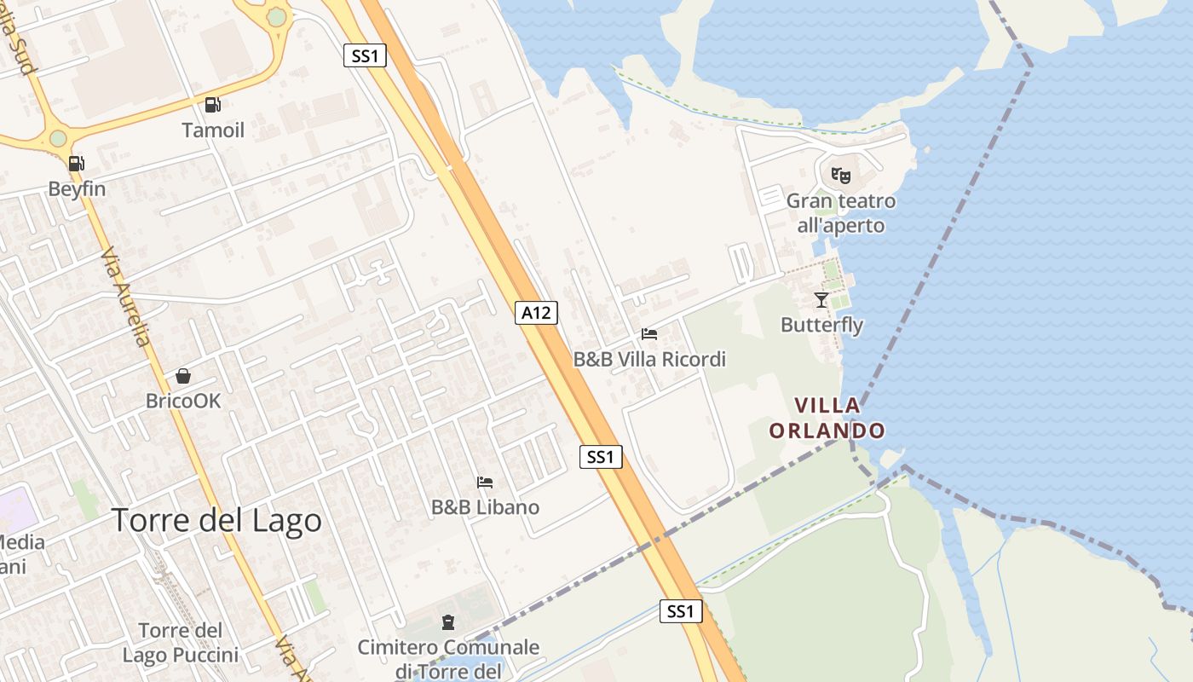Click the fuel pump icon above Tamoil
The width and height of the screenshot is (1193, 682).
point(212,105)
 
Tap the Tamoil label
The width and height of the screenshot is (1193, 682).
point(213,130)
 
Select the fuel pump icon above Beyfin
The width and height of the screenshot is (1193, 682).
point(76,164)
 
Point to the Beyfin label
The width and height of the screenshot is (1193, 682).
point(77,188)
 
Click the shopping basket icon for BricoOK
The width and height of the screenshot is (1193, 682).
point(182,375)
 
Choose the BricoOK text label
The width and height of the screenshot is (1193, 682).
point(183,400)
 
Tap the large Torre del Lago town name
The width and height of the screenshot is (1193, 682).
point(217,520)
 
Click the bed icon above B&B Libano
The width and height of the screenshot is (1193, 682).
point(485,483)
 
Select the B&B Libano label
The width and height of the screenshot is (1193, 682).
point(485,507)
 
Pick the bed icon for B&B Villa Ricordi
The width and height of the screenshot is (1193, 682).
point(649,334)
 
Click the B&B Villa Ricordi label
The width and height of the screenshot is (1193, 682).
point(649,359)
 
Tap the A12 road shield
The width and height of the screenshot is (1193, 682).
point(536,313)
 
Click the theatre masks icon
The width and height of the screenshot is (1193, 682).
point(841,176)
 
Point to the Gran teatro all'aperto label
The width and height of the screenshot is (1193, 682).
point(841,213)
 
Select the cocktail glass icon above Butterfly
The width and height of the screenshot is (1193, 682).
point(821,300)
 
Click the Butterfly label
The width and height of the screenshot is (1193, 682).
point(821,325)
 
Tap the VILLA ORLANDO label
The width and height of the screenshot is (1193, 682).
point(827,418)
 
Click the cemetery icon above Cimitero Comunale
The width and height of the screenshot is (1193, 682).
point(448,622)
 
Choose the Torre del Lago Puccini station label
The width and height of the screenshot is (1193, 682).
point(181,643)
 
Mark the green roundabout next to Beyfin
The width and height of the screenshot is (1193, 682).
point(58,138)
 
